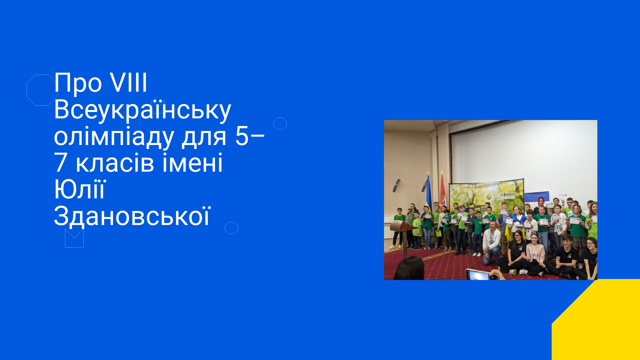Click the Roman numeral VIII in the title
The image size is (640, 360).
tap(129, 82)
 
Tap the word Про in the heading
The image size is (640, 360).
tap(78, 83)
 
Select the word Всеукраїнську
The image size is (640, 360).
tap(142, 110)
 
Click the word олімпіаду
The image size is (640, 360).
tap(114, 137)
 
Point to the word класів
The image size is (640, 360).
tap(115, 163)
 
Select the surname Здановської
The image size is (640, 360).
tap(132, 216)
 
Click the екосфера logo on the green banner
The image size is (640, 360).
tap(500, 196)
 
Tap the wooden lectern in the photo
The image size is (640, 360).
tap(404, 233)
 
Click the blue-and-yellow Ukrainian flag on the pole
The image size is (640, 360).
tap(428, 193)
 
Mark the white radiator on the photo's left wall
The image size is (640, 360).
tap(388, 227)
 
